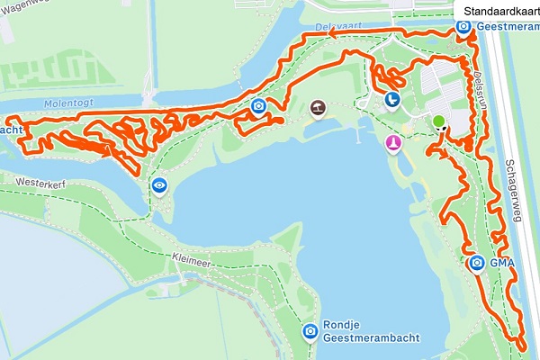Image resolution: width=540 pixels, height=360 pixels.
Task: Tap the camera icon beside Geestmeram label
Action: [463, 27]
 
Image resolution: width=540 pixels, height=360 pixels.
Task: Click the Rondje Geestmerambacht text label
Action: [347, 341]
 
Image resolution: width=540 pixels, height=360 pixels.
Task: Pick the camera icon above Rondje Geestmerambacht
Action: [310, 331]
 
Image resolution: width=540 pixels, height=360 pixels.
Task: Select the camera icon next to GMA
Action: [476, 263]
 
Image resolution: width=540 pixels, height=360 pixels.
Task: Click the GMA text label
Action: [501, 264]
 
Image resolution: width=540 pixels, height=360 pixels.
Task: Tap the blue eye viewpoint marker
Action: [159, 185]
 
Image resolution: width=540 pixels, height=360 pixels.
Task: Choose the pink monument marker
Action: [393, 143]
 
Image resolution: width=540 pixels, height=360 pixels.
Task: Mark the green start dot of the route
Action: [438, 121]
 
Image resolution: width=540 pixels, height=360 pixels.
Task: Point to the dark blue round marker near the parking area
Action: [391, 99]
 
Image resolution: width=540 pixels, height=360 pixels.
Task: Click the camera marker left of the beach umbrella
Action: [259, 108]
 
